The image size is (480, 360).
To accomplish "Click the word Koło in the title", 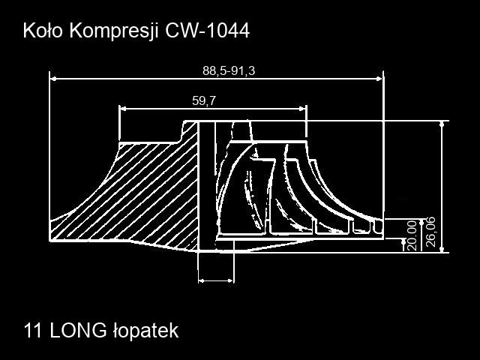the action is tap(43, 31).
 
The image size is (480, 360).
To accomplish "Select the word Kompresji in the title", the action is tap(114, 31).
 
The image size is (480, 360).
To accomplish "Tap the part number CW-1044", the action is tap(208, 31).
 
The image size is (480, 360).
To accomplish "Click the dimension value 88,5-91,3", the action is tap(229, 71).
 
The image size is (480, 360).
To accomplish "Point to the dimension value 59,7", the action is tap(204, 100).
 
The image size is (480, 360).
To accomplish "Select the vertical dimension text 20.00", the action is tap(412, 235).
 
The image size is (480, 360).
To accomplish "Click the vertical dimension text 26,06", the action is tap(430, 232).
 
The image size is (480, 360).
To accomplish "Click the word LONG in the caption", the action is tap(78, 331).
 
